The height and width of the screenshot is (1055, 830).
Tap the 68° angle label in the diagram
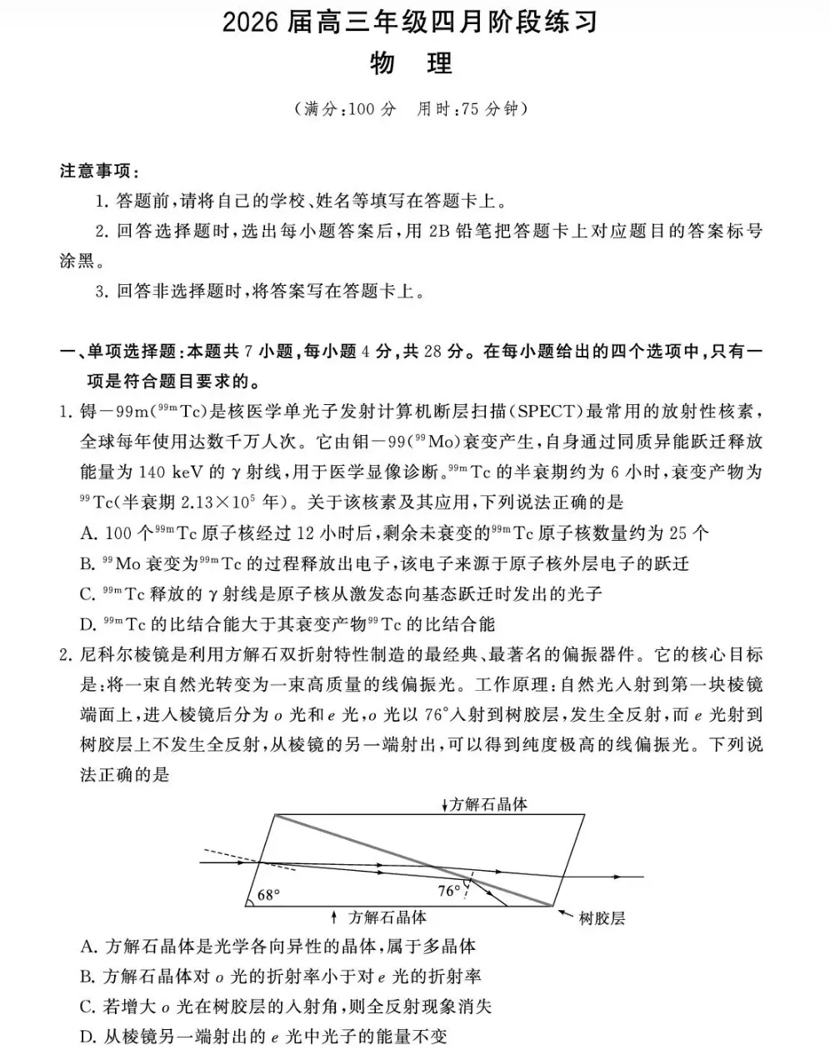[x=268, y=895]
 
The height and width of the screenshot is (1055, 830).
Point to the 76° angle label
[x=448, y=891]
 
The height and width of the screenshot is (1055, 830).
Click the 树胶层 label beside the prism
[x=602, y=918]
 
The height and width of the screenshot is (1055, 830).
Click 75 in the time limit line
[x=470, y=109]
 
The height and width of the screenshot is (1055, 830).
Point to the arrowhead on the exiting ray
[x=617, y=877]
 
